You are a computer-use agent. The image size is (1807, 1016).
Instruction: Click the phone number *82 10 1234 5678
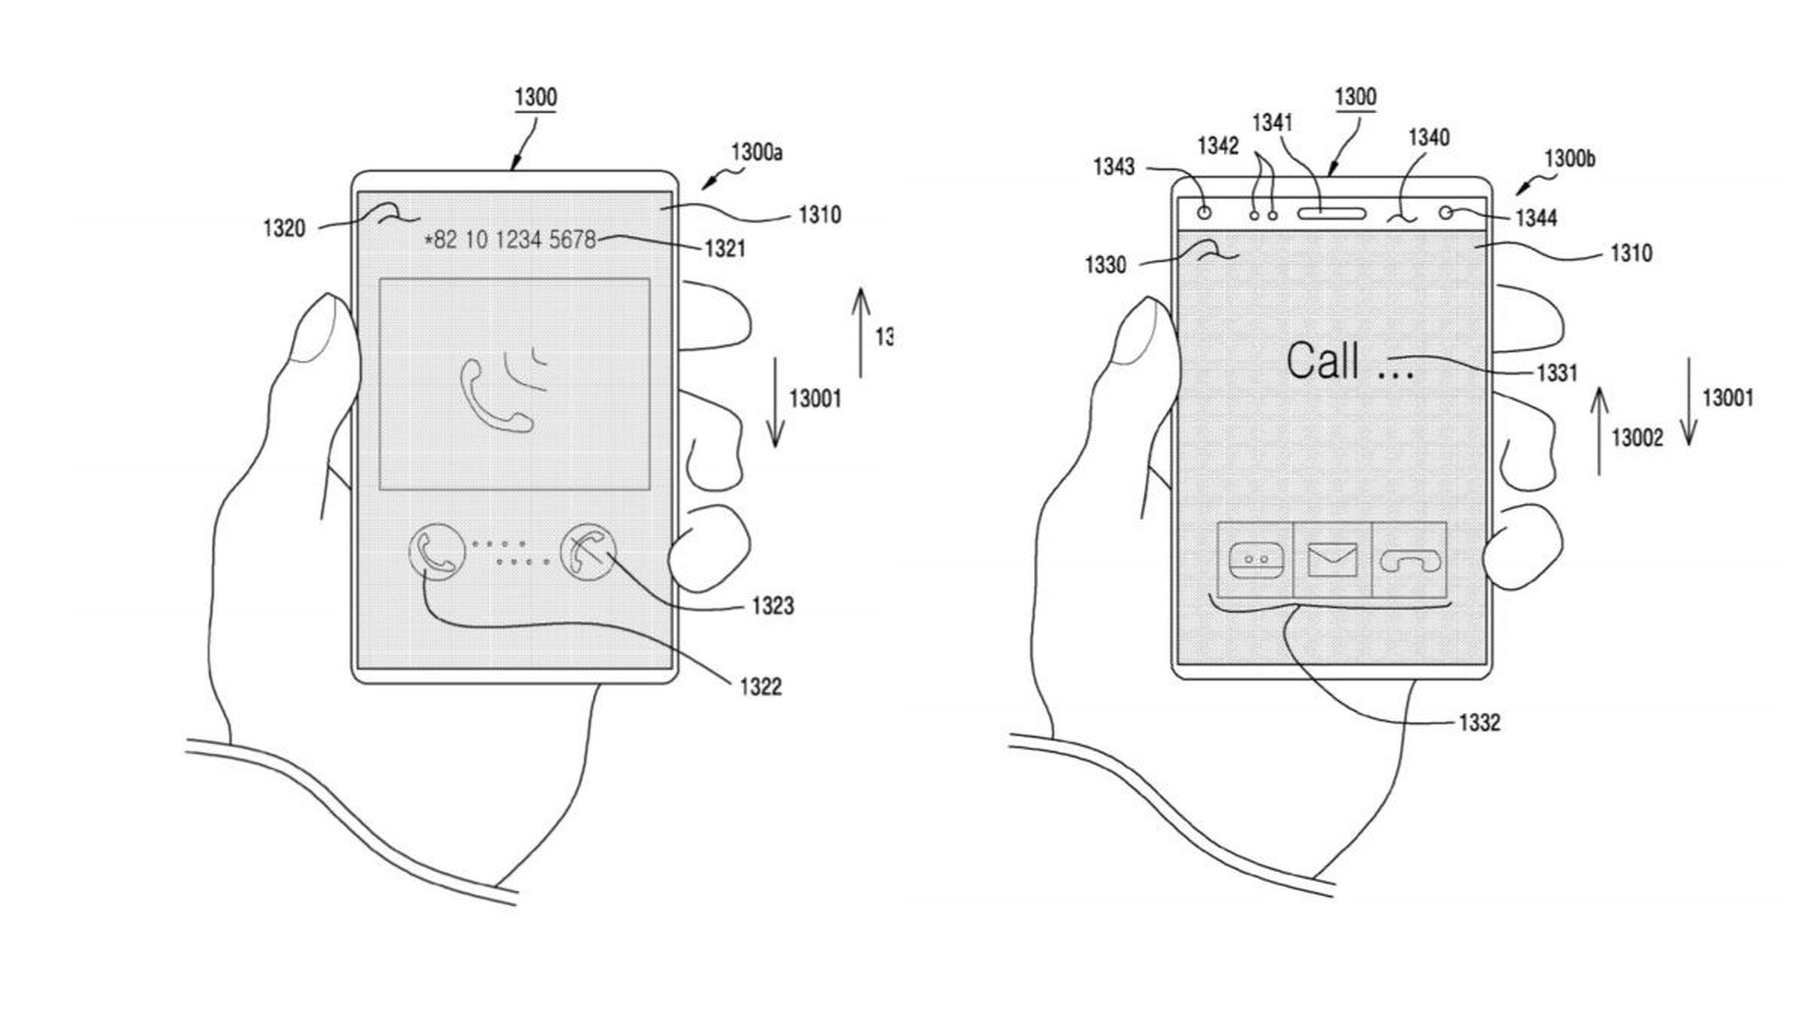pyautogui.click(x=510, y=240)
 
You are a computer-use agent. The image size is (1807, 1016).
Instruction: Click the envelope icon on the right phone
pyautogui.click(x=1332, y=560)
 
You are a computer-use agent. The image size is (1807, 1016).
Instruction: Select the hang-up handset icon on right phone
pyautogui.click(x=1408, y=560)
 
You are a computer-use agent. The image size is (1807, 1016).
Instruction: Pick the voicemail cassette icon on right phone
pyautogui.click(x=1255, y=560)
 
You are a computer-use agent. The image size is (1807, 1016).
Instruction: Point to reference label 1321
pyautogui.click(x=725, y=248)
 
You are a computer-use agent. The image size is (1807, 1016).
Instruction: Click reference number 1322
pyautogui.click(x=760, y=686)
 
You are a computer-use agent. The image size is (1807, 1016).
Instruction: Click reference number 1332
pyautogui.click(x=1479, y=722)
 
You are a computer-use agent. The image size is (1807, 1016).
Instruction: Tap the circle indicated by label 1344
pyautogui.click(x=1446, y=212)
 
